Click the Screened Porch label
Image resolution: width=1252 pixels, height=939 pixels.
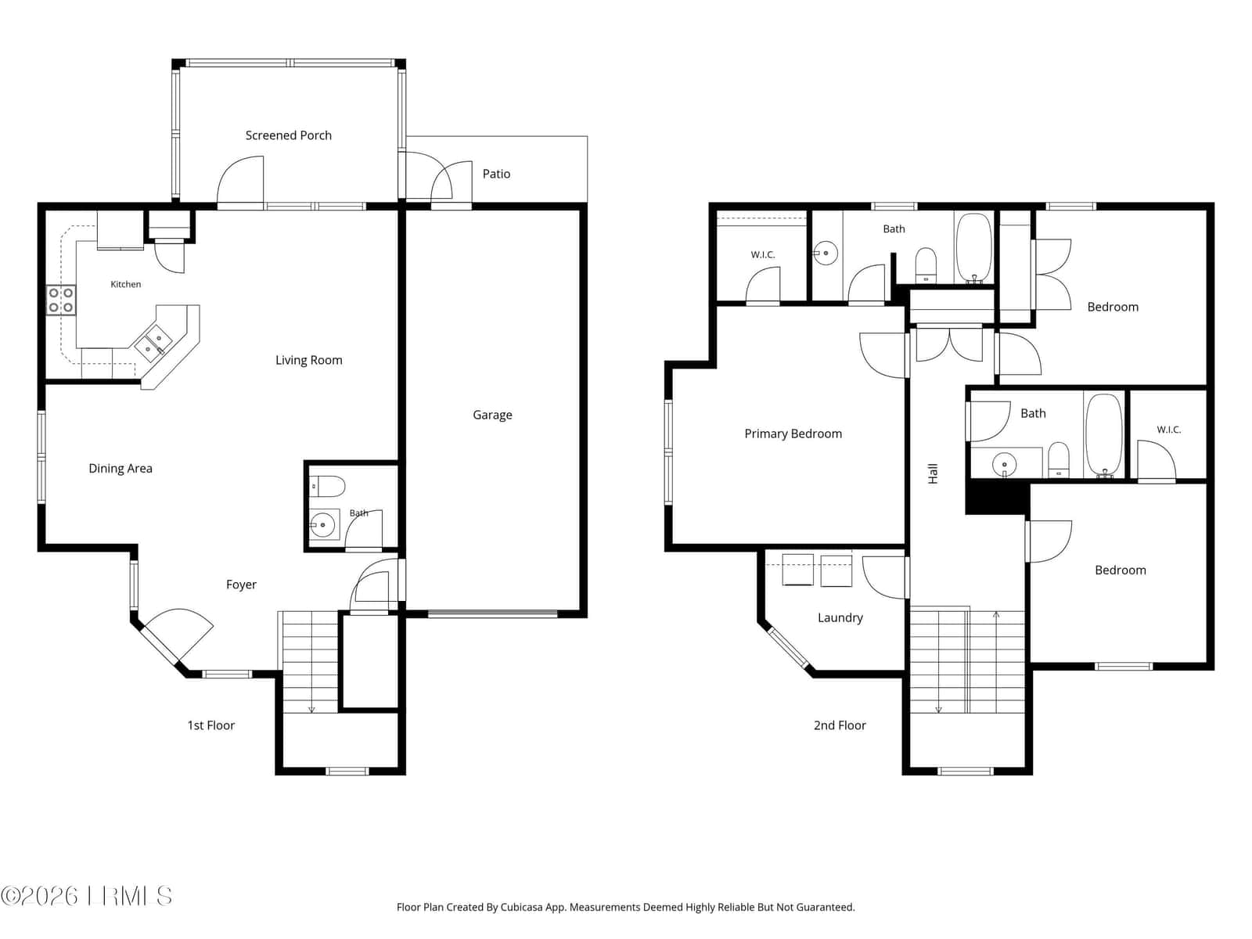coord(288,135)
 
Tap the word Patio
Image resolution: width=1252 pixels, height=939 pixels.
coord(496,174)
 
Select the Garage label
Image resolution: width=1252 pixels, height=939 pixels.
coord(492,415)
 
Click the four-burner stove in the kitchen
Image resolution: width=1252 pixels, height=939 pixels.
coord(60,300)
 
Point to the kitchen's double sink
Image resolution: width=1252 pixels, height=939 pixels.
coord(153,345)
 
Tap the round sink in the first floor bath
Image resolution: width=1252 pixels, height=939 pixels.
coord(323,523)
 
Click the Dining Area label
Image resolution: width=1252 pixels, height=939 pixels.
coord(121,469)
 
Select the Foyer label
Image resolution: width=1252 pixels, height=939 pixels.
coord(241,585)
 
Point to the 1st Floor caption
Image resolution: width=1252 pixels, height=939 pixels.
coord(211,725)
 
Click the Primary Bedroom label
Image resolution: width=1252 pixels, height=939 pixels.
coord(793,434)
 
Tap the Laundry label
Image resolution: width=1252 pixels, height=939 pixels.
coord(840,617)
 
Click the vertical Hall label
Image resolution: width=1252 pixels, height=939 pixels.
coord(934,473)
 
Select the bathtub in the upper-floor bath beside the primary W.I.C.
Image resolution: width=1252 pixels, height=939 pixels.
coord(974,248)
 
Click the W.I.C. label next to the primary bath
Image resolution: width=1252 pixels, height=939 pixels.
coord(763,255)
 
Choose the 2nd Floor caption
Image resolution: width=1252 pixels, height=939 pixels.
coord(840,725)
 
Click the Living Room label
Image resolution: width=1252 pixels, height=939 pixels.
coord(308,360)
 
